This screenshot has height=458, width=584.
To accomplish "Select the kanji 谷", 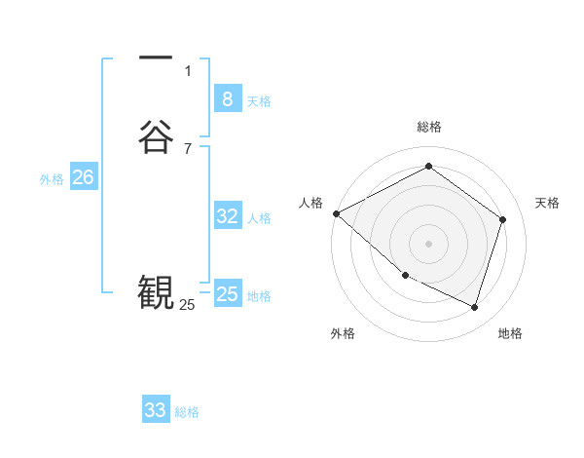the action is point(156,136).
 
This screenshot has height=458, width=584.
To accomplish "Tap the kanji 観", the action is point(156,290).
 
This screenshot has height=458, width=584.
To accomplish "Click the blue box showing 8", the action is point(227,98).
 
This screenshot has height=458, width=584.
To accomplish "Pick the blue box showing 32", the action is point(227,216).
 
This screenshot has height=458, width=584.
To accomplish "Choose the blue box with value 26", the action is point(83,177).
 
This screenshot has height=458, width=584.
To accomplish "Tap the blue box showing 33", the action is point(156,410).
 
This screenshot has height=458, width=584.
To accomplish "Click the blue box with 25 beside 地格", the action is point(227,294).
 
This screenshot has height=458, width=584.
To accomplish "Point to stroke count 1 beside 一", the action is point(188,70).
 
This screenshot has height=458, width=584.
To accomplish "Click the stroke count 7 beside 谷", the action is point(188,148).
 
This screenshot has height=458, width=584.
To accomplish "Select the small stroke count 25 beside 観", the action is point(187,305).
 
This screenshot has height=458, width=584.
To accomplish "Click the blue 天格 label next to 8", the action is point(259,101).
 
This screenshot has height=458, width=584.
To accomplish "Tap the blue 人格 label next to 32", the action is point(259,218).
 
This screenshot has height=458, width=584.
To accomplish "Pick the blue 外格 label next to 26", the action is point(52,179).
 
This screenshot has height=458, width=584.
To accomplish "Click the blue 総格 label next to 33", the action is point(187,413).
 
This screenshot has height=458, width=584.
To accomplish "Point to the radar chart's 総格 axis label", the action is point(428,127).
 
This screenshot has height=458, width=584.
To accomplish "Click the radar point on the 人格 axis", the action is point(336,213).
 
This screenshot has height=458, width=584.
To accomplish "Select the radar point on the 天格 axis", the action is point(502,219).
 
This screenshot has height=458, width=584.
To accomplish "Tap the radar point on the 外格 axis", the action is point(405,275).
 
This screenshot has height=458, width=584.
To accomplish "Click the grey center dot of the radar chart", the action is point(428,243).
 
